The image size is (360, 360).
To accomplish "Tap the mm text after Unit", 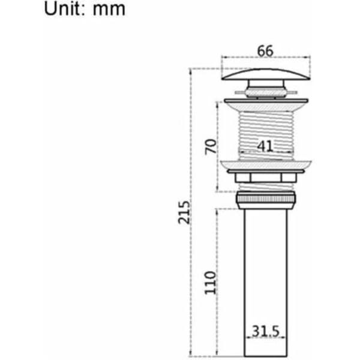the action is coord(109,10).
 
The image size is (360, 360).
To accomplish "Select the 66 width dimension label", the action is coord(265,51).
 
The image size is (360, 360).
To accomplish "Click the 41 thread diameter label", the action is coord(265,146).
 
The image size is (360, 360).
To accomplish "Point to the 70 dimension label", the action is coord(211,147).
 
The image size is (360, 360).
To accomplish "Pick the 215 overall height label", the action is coord(184,212).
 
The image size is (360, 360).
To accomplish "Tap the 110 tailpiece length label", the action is coord(211,283).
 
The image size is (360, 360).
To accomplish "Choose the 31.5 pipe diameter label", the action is coord(266,331).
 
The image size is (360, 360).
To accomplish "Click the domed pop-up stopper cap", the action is coord(266,74).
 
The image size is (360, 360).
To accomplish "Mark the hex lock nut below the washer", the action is coord(266,178).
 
